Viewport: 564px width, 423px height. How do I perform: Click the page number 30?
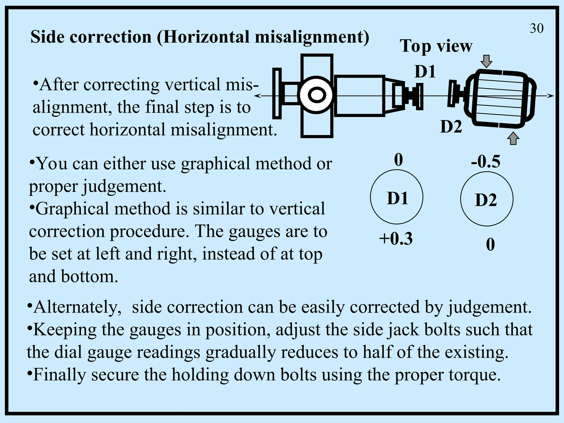[536, 29]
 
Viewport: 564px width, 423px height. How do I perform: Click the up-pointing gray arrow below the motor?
[513, 139]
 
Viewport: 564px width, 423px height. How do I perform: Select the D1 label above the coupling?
[425, 72]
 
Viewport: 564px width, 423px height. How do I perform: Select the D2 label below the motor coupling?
[451, 127]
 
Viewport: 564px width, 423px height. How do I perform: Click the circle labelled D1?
[397, 197]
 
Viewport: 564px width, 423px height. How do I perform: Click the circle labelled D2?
[487, 199]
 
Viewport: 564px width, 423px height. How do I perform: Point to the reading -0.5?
[486, 162]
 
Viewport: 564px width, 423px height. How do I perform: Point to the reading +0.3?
[396, 238]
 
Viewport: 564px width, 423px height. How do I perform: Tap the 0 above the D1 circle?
[398, 160]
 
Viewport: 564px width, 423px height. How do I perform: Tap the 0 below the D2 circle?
[490, 245]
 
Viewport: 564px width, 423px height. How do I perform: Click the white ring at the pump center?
[317, 95]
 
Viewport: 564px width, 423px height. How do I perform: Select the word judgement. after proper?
[124, 186]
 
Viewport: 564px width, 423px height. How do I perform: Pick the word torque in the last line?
[474, 375]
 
